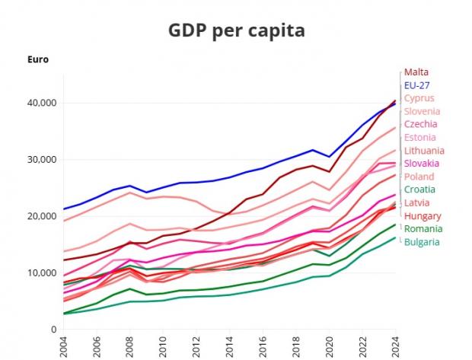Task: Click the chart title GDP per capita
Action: click(237, 31)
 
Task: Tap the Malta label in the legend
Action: click(416, 72)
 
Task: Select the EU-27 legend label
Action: click(418, 84)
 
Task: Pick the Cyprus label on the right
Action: click(419, 98)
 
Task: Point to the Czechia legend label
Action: click(420, 124)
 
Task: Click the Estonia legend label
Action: click(420, 137)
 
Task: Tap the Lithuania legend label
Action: click(424, 151)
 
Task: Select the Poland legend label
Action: click(419, 177)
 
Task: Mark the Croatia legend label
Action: click(419, 190)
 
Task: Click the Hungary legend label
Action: click(422, 216)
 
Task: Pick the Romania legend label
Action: click(423, 229)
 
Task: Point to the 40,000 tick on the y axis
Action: click(41, 103)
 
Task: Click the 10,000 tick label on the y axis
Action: click(41, 272)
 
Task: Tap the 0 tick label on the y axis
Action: click(53, 329)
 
